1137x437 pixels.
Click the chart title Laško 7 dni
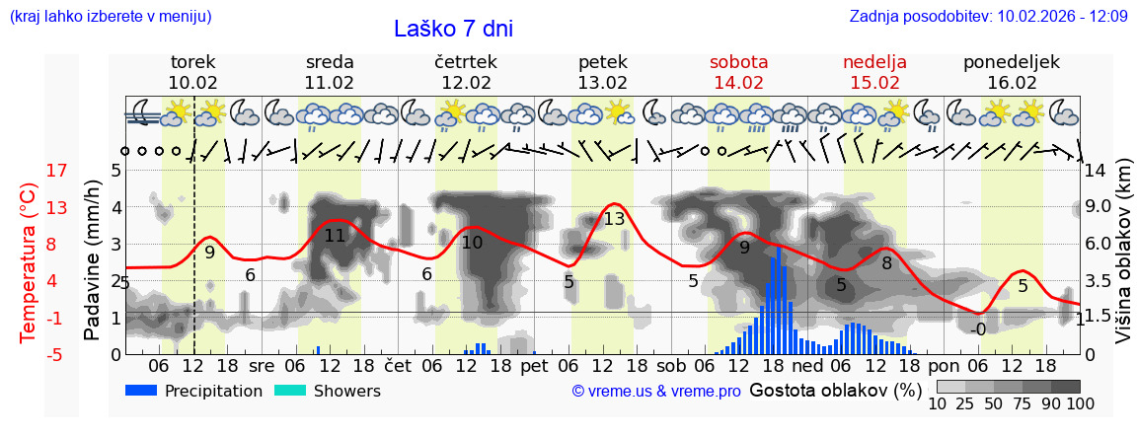453,29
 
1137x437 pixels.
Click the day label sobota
738,62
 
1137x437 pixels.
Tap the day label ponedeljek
1012,62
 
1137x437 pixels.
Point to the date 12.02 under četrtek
466,83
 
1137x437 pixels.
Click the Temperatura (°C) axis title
30,262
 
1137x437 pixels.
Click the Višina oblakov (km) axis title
1124,261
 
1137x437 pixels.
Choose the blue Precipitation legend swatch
142,391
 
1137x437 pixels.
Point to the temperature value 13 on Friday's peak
615,219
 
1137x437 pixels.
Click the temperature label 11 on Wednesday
335,236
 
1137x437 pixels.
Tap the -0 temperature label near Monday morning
977,329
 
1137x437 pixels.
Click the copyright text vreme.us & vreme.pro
656,392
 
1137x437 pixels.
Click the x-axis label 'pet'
534,364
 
